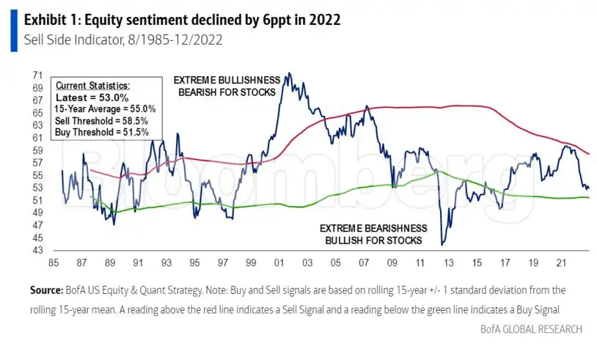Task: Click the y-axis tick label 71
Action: pos(37,76)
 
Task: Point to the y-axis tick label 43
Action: pos(37,250)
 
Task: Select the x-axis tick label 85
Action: pos(54,262)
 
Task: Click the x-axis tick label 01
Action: pos(279,262)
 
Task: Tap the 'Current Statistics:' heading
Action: pos(92,86)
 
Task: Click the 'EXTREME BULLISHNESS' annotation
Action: pos(225,81)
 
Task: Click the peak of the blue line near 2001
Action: pos(288,73)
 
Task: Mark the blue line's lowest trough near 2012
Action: pos(442,244)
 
